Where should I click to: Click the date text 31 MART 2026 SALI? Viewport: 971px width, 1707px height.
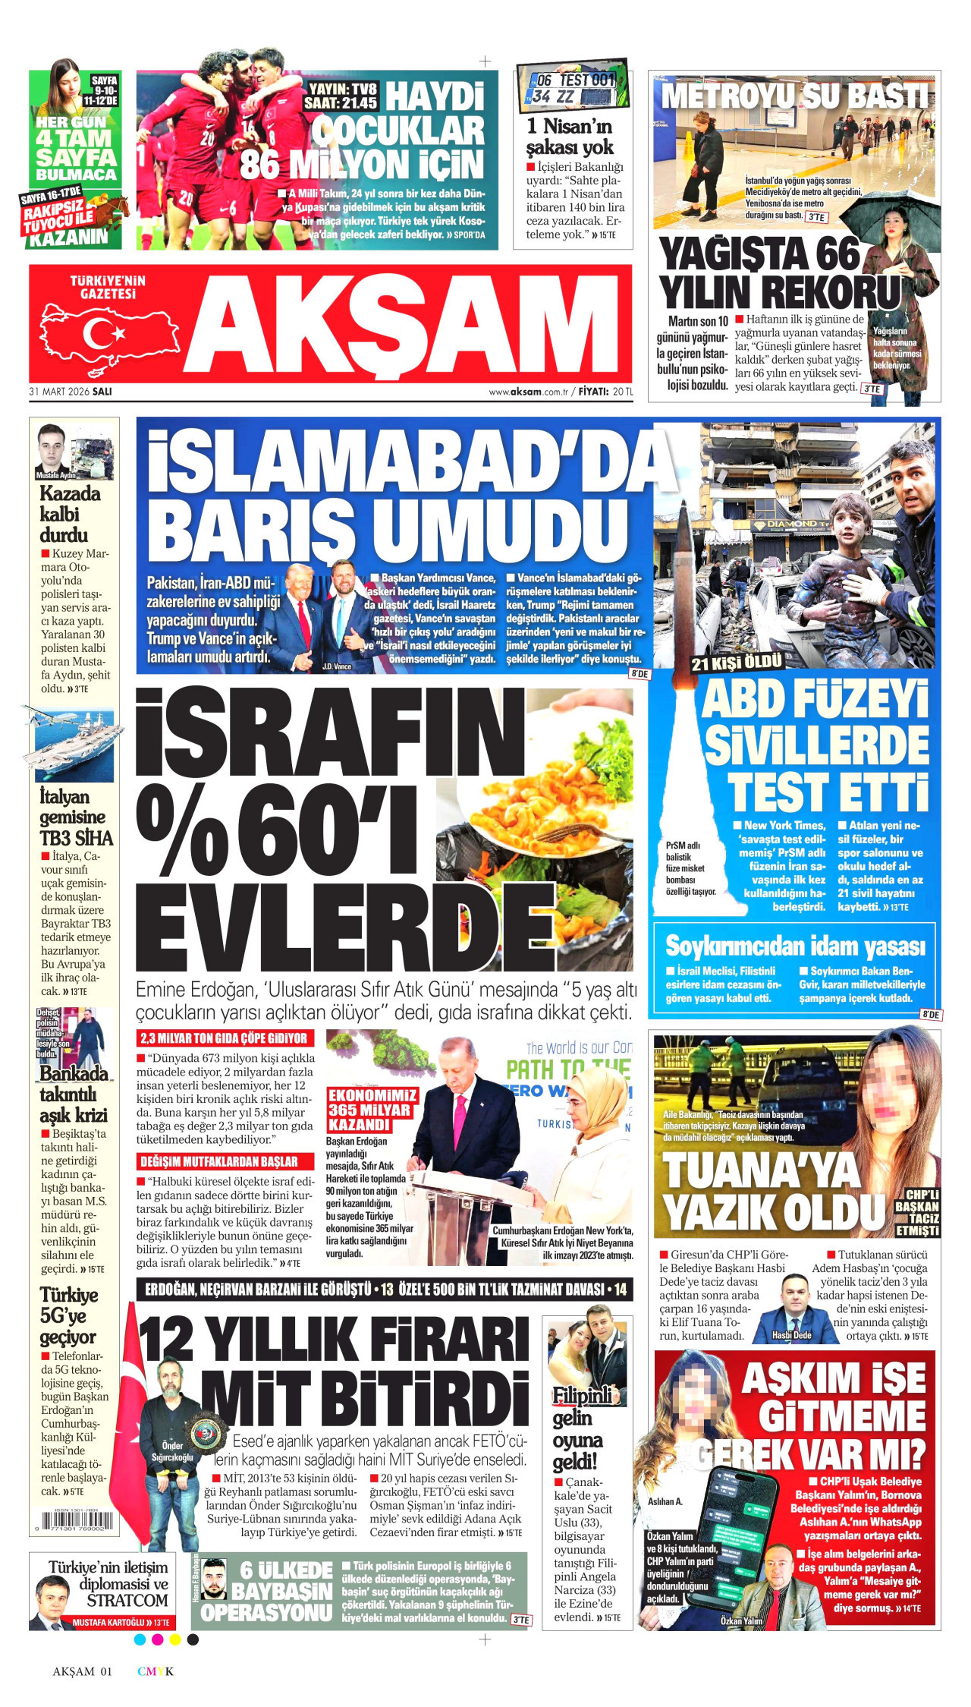(71, 392)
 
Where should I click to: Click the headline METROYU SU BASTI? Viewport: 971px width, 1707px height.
(794, 97)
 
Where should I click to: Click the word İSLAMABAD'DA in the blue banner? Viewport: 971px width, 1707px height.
(410, 461)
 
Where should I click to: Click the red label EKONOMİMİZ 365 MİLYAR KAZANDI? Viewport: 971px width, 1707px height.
(372, 1110)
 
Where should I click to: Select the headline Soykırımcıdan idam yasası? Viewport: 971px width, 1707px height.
(795, 946)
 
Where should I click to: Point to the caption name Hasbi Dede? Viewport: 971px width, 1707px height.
(791, 1335)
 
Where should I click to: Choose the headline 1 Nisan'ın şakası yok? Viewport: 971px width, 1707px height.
(570, 137)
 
